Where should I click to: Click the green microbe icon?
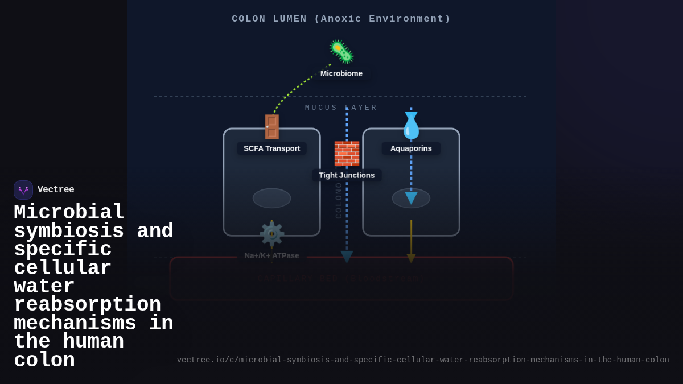pyautogui.click(x=341, y=52)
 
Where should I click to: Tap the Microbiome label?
pyautogui.click(x=341, y=73)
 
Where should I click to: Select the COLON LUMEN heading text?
pyautogui.click(x=341, y=19)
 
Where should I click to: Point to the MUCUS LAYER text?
pyautogui.click(x=341, y=108)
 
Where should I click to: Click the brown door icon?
pyautogui.click(x=271, y=127)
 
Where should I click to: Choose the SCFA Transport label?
pyautogui.click(x=271, y=148)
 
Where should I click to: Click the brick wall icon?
pyautogui.click(x=347, y=153)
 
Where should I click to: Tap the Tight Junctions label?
pyautogui.click(x=347, y=175)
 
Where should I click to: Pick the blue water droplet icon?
pyautogui.click(x=411, y=126)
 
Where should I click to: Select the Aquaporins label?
pyautogui.click(x=411, y=148)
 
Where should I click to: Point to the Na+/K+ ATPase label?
pyautogui.click(x=271, y=255)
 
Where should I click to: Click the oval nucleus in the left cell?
pyautogui.click(x=271, y=198)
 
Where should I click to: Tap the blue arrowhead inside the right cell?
pyautogui.click(x=411, y=197)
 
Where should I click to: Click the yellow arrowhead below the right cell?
pyautogui.click(x=411, y=258)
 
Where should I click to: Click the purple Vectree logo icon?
pyautogui.click(x=23, y=190)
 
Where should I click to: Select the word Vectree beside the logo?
pyautogui.click(x=56, y=190)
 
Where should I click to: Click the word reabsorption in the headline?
pyautogui.click(x=87, y=305)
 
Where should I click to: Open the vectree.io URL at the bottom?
pyautogui.click(x=422, y=360)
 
